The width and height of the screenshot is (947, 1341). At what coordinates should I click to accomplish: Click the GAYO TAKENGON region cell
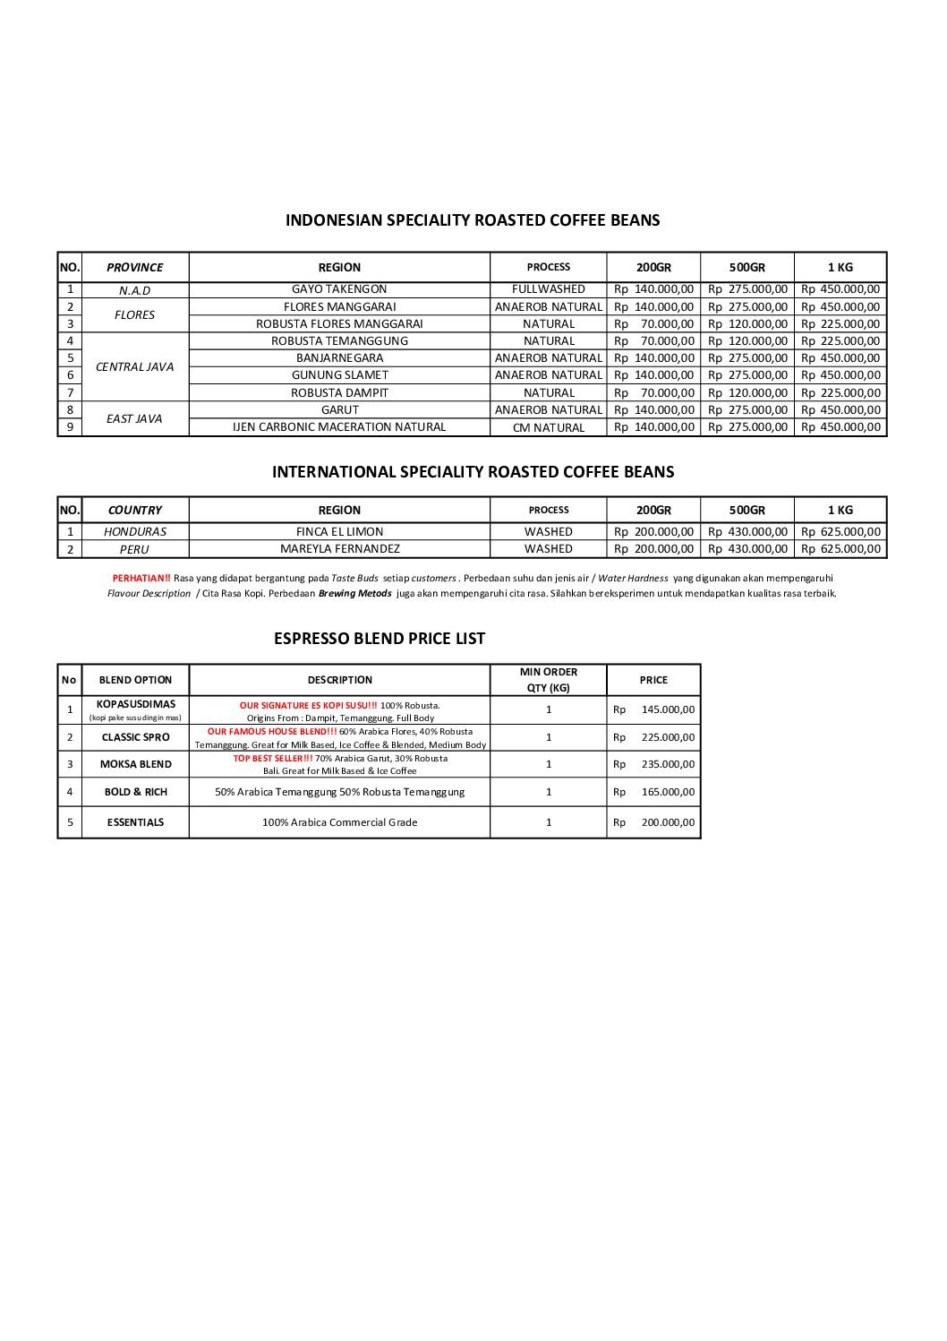tap(339, 289)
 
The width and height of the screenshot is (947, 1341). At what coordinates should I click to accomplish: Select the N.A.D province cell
tap(134, 290)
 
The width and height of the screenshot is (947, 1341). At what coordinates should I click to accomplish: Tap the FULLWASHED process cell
tap(548, 289)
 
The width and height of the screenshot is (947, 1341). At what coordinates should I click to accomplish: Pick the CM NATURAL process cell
tap(548, 427)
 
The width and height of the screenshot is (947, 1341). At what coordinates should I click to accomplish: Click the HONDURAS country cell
tap(134, 531)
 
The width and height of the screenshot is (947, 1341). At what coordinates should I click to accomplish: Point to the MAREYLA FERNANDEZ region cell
tap(339, 548)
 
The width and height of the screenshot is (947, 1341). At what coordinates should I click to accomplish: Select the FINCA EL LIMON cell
tap(339, 531)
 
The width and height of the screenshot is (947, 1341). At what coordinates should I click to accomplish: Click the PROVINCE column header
tap(134, 267)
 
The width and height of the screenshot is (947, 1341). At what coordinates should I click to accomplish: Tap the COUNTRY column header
tap(134, 510)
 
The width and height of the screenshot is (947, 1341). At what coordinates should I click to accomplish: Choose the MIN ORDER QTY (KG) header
tap(548, 680)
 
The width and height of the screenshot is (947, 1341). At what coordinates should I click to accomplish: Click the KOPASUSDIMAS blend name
tap(135, 704)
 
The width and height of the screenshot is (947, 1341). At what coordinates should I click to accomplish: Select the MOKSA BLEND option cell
tap(135, 764)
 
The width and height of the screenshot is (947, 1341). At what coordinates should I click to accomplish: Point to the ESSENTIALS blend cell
tap(135, 821)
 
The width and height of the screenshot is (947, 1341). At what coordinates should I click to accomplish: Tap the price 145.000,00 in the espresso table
tap(668, 709)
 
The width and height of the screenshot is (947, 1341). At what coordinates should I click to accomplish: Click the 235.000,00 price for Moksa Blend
tap(668, 764)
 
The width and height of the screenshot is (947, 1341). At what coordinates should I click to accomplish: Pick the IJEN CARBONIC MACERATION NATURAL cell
tap(339, 427)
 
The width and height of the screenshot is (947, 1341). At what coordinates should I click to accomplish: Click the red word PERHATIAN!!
tap(141, 578)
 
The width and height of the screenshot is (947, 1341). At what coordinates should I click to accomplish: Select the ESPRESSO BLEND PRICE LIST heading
tap(379, 639)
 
